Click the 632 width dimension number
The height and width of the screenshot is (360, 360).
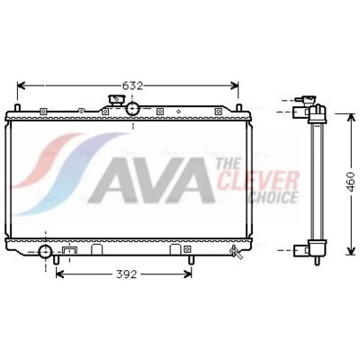click(132, 86)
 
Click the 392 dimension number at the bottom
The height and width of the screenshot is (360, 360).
click(127, 274)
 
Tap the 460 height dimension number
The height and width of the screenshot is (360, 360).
click(350, 182)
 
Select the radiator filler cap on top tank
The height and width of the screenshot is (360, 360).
click(116, 100)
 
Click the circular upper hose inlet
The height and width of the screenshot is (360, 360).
click(132, 109)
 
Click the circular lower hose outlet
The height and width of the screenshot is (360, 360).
click(45, 252)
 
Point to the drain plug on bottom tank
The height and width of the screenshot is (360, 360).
click(236, 252)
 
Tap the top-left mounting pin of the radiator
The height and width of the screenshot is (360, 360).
click(17, 107)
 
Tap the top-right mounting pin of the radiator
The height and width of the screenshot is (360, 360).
click(238, 107)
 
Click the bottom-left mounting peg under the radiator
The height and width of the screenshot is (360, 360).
click(56, 260)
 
